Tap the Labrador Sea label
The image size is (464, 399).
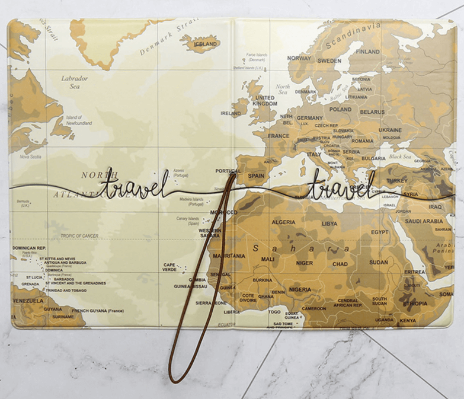click(75, 82)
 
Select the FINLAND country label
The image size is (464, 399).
click(367, 52)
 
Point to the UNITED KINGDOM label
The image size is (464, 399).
click(265, 101)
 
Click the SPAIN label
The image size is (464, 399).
click(256, 175)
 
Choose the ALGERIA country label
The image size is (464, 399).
click(283, 222)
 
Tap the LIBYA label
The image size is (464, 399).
click(329, 224)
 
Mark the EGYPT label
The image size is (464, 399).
click(380, 232)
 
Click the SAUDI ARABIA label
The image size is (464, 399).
click(424, 221)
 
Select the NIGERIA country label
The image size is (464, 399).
click(300, 290)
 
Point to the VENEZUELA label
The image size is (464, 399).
click(28, 301)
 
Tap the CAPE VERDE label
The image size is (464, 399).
click(169, 267)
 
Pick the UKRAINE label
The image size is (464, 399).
click(390, 130)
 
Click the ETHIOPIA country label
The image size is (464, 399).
click(415, 304)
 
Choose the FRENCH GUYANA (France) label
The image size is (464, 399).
click(98, 310)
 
